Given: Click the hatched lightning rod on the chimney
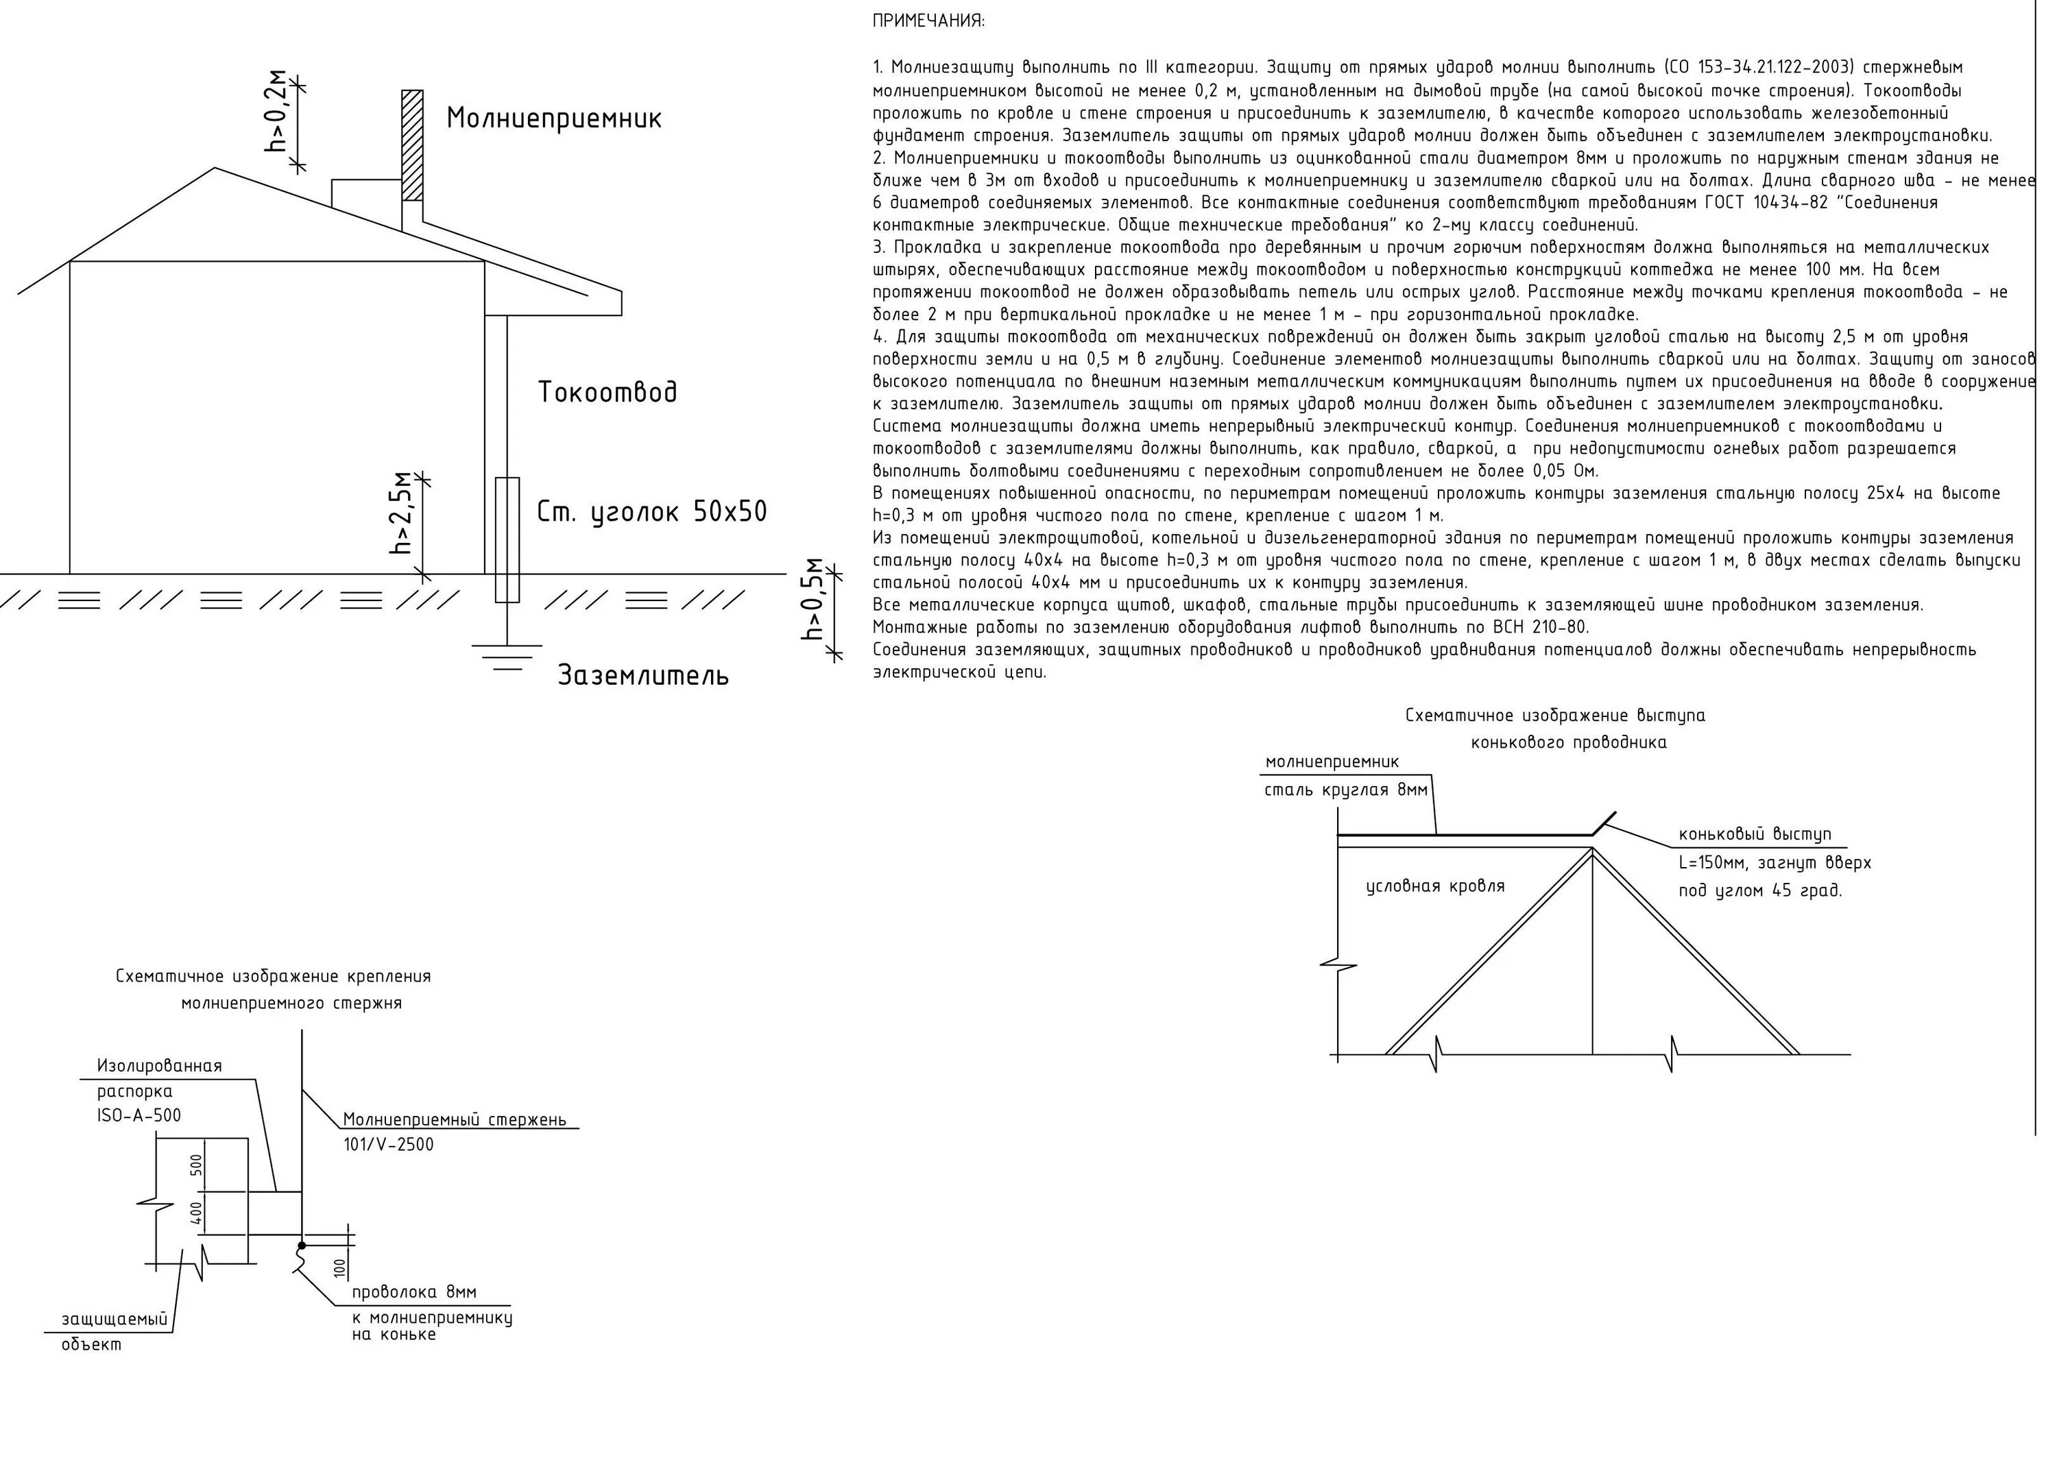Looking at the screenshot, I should click(412, 144).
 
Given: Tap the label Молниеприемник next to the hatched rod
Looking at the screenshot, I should click(554, 119).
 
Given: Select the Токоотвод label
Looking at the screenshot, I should click(608, 392).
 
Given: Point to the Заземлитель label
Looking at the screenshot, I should click(643, 675).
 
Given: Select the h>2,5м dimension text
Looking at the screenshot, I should click(401, 513).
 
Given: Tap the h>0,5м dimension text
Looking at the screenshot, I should click(814, 599).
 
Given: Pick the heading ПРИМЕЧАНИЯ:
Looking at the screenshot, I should click(928, 21).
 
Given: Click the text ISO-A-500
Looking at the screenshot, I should click(139, 1116).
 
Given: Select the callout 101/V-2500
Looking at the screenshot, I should click(388, 1145).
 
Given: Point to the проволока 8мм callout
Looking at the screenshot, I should click(414, 1292).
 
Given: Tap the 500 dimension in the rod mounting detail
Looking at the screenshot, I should click(197, 1165).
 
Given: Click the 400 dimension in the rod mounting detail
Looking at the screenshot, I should click(197, 1215).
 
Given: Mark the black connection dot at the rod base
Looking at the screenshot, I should click(302, 1245).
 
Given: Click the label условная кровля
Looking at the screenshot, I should click(1435, 886).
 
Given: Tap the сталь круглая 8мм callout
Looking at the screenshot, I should click(1346, 790).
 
